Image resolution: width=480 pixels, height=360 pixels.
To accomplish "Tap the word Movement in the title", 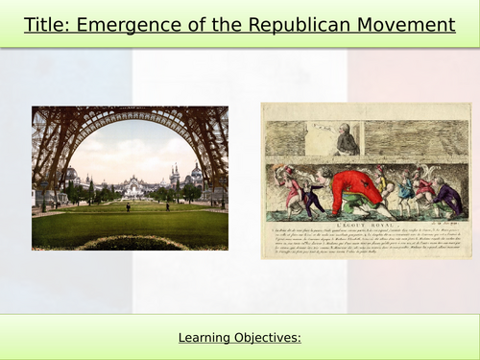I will [403, 24].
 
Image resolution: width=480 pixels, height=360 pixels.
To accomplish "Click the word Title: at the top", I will [48, 24].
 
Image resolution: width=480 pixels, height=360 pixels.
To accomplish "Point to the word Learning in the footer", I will [206, 338].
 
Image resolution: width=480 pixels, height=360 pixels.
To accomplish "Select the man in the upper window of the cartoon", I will [347, 141].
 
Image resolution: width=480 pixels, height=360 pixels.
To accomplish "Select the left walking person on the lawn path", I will [127, 206].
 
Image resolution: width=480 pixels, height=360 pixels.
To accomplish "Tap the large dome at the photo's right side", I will [196, 176].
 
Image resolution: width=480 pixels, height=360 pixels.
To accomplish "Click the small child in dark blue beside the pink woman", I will [310, 200].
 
